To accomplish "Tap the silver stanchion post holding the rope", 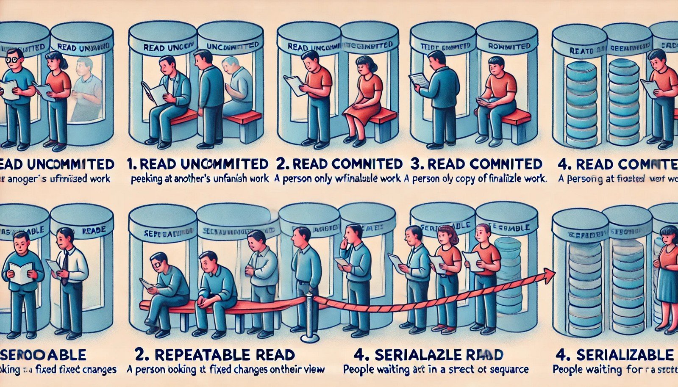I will click(310, 318).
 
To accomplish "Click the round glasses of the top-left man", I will click(14, 59).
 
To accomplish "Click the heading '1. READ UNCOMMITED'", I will click(198, 164).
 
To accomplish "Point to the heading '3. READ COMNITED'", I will click(476, 164).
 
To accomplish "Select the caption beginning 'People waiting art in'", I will click(436, 370).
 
